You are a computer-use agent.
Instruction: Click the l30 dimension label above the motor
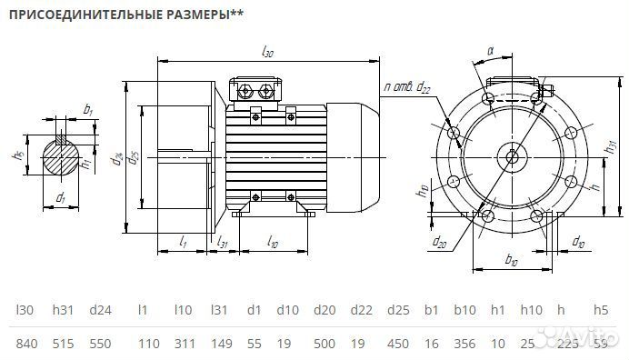pos(267,53)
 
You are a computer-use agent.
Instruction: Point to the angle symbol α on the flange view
pos(490,54)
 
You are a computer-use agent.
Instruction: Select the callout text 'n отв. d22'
pos(406,86)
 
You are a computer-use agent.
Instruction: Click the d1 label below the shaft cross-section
pos(60,197)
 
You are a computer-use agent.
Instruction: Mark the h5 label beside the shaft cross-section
pos(17,155)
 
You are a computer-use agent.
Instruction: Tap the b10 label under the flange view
pos(510,261)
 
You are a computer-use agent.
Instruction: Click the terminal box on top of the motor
pos(259,91)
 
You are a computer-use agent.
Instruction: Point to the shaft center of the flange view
pos(513,156)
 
